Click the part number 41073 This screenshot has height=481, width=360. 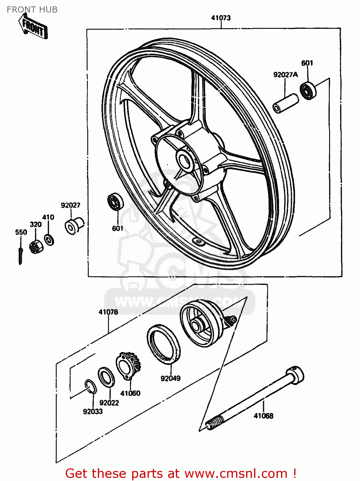coord(221,18)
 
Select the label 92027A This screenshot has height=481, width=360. coord(285,75)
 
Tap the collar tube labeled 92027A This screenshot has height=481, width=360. coord(285,103)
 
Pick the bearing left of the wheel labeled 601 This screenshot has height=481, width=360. coord(116,202)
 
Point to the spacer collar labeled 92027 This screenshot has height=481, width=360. coord(74,226)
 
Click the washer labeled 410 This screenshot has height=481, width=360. coord(49,240)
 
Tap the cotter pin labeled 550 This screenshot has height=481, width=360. coord(20,255)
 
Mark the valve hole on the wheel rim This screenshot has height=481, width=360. coord(198,241)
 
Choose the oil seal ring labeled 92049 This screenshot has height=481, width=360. coord(164,344)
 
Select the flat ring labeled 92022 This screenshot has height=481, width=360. coord(106,377)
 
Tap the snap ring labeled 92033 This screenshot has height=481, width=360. coord(90,386)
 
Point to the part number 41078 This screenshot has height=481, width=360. coord(108,312)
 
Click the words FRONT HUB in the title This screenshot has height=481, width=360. coord(32,10)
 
